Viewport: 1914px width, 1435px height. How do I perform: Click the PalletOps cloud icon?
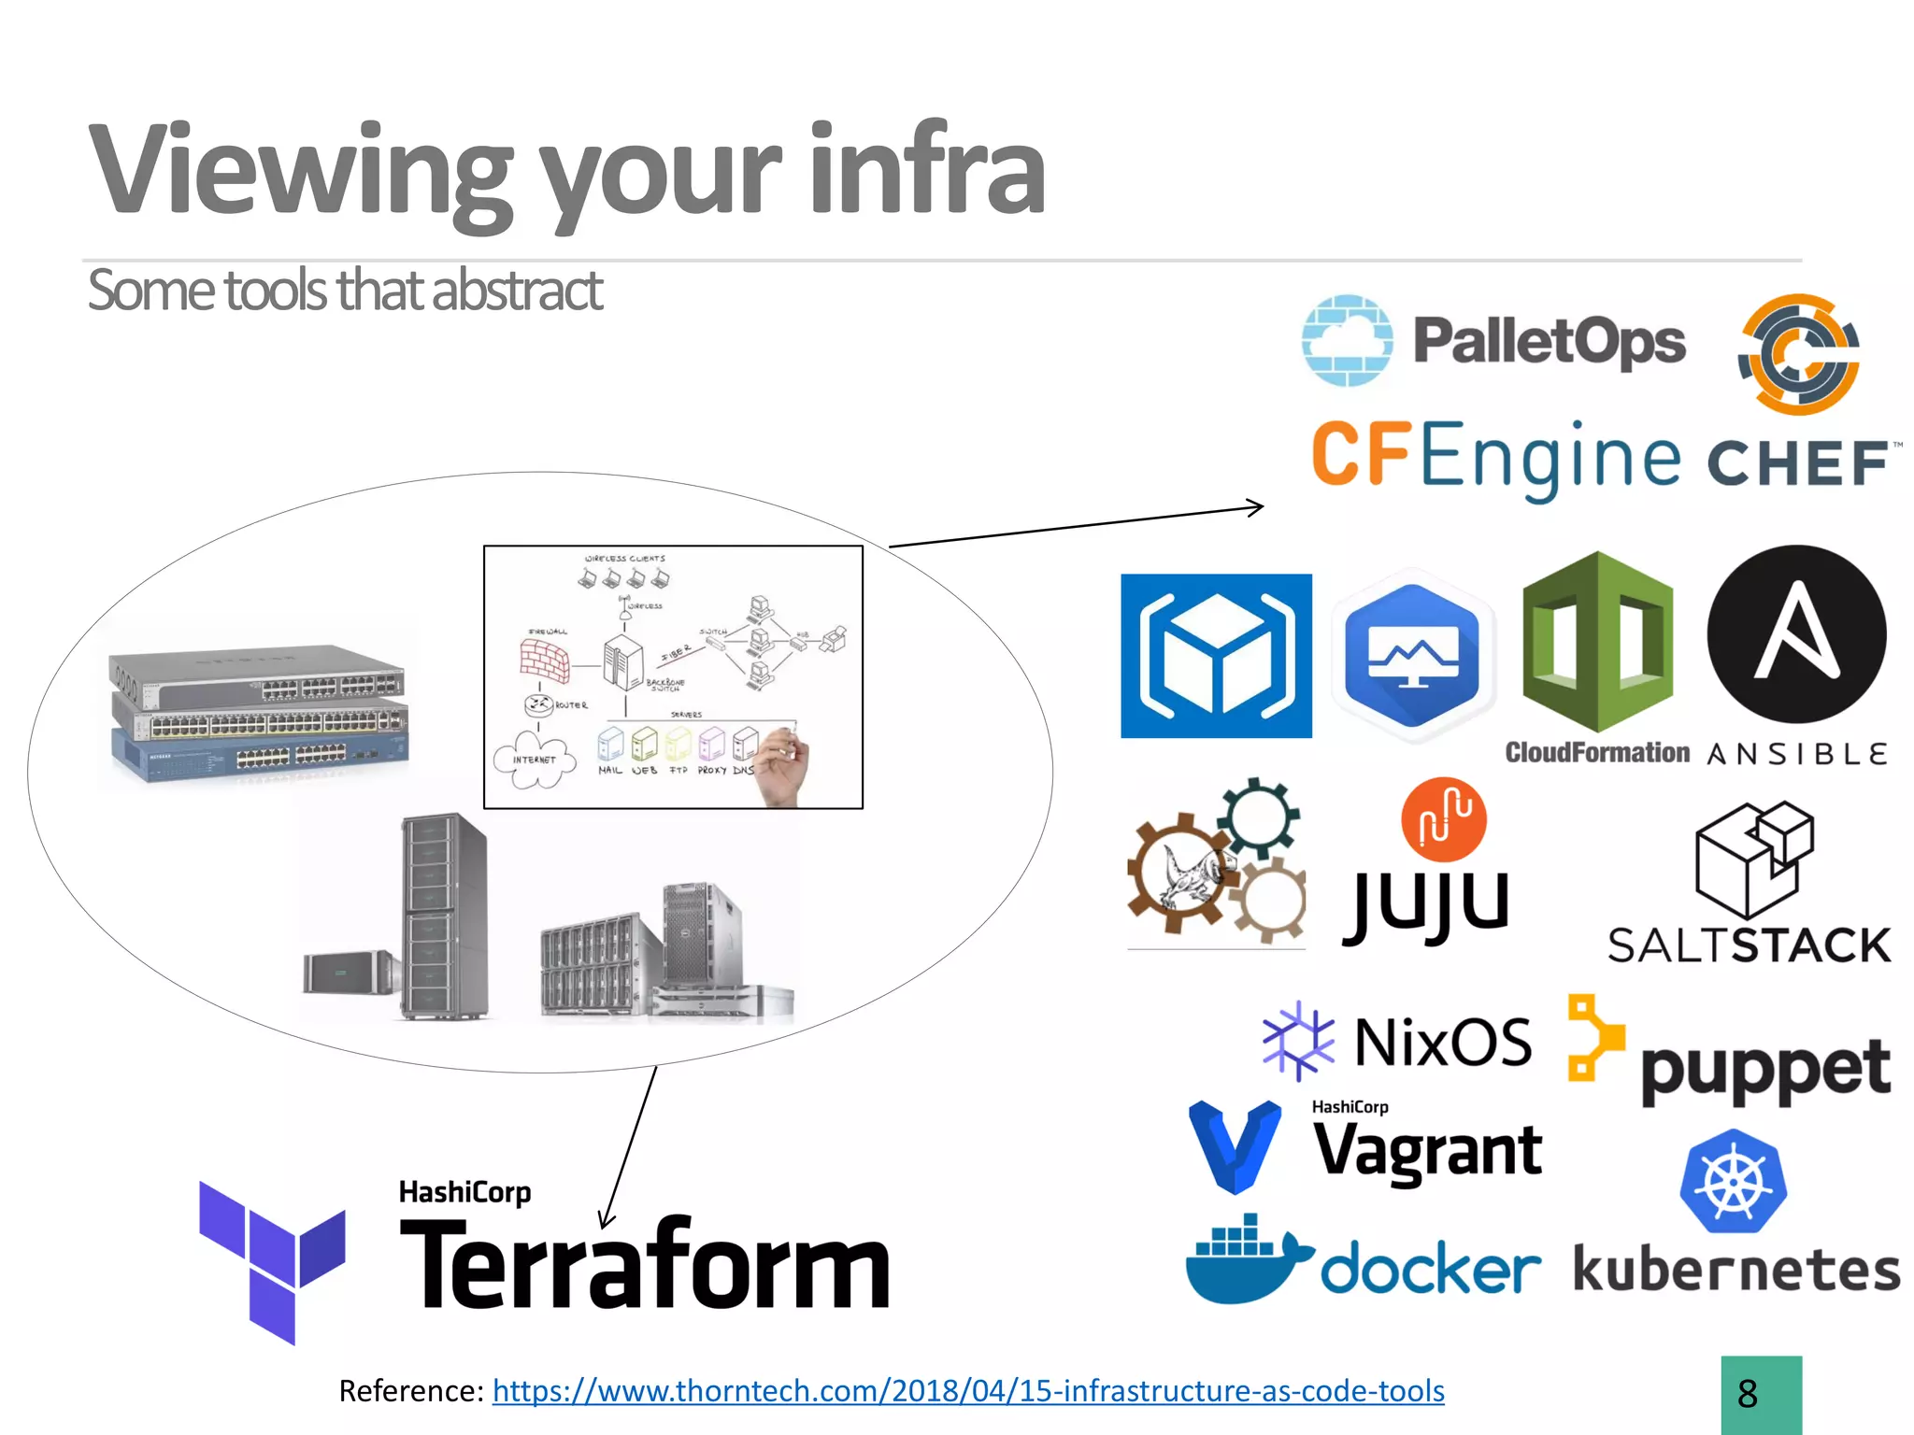(x=1347, y=340)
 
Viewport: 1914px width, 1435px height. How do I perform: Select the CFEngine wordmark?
(x=1495, y=457)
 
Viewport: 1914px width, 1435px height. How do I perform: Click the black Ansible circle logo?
(x=1796, y=634)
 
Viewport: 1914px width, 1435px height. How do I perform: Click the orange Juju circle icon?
(x=1443, y=819)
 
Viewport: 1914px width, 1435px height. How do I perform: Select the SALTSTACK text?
(x=1749, y=945)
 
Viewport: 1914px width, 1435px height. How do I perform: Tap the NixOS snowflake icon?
(x=1298, y=1041)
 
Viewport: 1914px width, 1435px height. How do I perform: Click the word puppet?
(x=1764, y=1069)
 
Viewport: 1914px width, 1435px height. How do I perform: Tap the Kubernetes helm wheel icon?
(x=1733, y=1182)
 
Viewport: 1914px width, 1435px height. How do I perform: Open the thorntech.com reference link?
(x=967, y=1391)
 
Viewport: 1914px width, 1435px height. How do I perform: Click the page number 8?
(x=1748, y=1395)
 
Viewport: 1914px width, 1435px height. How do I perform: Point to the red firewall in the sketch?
(x=545, y=660)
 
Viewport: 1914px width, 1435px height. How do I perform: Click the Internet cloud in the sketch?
(x=532, y=760)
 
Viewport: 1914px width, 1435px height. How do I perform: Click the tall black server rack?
(x=443, y=916)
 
